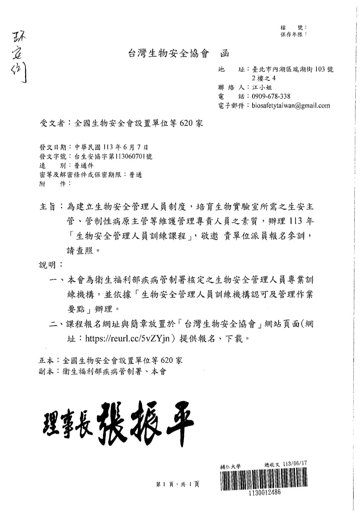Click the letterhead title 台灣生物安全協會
pos(169,54)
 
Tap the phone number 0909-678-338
pos(271,96)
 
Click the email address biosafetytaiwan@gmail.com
pos(291,106)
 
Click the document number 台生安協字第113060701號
pos(113,156)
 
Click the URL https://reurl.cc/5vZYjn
pos(127,338)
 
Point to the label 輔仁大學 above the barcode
pos(230,466)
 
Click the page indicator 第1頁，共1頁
pos(178,484)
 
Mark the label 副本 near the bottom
pos(46,372)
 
